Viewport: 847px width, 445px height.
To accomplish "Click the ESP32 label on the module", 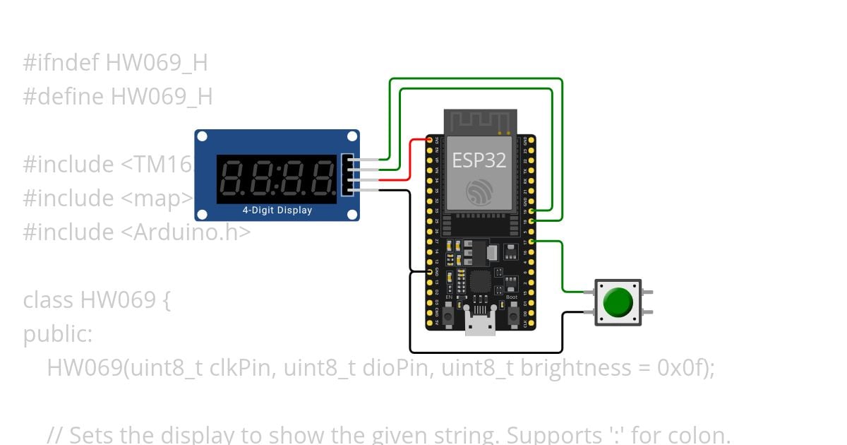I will [x=479, y=160].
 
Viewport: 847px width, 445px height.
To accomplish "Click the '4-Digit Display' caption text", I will [x=277, y=210].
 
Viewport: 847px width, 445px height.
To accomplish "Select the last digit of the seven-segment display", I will [x=321, y=179].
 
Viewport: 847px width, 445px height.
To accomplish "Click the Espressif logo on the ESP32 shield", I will [x=480, y=191].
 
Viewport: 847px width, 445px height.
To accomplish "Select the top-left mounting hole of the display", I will [x=203, y=137].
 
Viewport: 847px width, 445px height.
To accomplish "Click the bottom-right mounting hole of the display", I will [x=352, y=214].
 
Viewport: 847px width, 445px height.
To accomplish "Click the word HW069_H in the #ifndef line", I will [x=157, y=63].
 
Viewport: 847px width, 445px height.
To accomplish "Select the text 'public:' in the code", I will [x=57, y=334].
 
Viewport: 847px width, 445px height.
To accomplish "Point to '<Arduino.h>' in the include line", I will [x=191, y=232].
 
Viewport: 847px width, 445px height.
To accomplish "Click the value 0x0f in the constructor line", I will [x=682, y=368].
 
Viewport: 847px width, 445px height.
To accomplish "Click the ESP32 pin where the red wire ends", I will [x=429, y=140].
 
